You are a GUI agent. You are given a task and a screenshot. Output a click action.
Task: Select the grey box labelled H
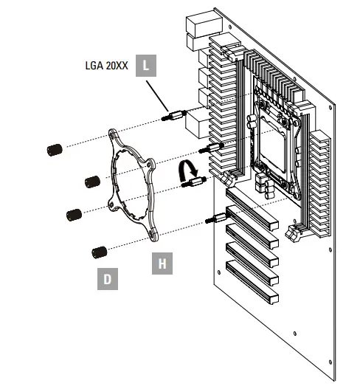(162, 263)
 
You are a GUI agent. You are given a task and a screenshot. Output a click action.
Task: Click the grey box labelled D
(108, 279)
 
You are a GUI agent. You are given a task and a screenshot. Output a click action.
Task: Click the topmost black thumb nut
(53, 150)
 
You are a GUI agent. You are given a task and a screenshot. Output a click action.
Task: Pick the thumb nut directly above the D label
(98, 252)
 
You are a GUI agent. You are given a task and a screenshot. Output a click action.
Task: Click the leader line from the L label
(158, 94)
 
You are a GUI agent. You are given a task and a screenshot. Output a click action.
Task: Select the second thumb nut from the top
(91, 181)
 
